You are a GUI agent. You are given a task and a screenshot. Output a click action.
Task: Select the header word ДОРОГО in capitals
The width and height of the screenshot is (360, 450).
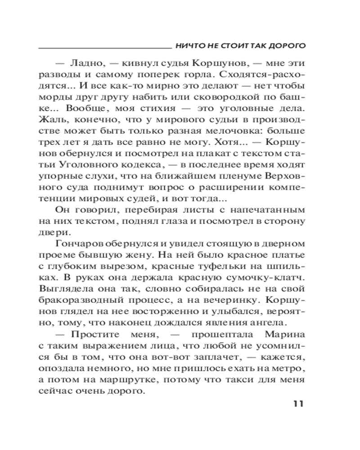point(286,46)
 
